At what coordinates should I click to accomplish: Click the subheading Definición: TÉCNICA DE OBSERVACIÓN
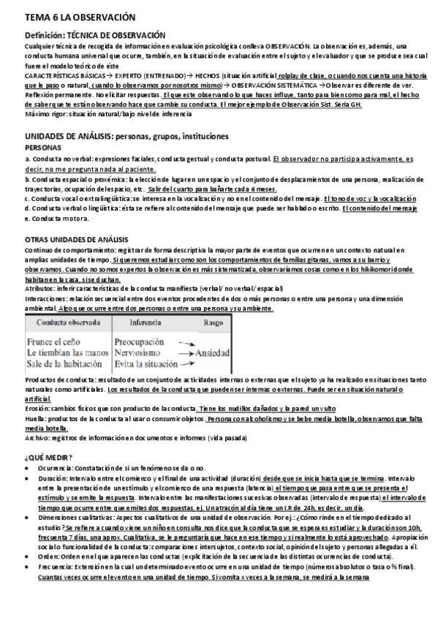(95, 35)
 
